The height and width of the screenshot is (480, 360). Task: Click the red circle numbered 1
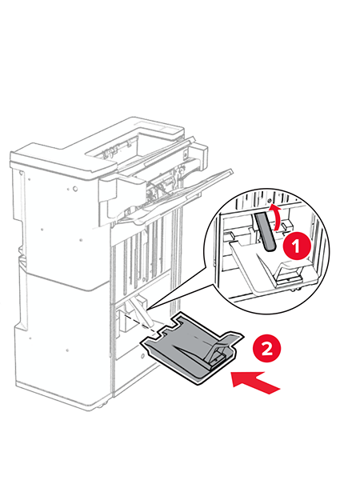click(296, 246)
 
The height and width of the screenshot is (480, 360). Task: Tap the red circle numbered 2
click(267, 348)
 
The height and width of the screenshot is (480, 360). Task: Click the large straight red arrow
click(255, 382)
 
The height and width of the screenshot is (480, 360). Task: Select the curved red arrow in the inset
click(276, 217)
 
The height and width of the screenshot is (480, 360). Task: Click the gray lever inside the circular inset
click(265, 231)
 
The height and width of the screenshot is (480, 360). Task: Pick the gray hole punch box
click(192, 348)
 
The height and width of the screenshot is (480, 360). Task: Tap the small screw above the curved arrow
click(270, 201)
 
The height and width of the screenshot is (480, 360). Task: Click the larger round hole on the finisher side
click(75, 189)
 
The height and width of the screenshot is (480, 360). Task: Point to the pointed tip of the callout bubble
click(147, 310)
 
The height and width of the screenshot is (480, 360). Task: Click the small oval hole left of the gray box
click(142, 356)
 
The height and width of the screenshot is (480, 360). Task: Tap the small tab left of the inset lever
click(231, 234)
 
